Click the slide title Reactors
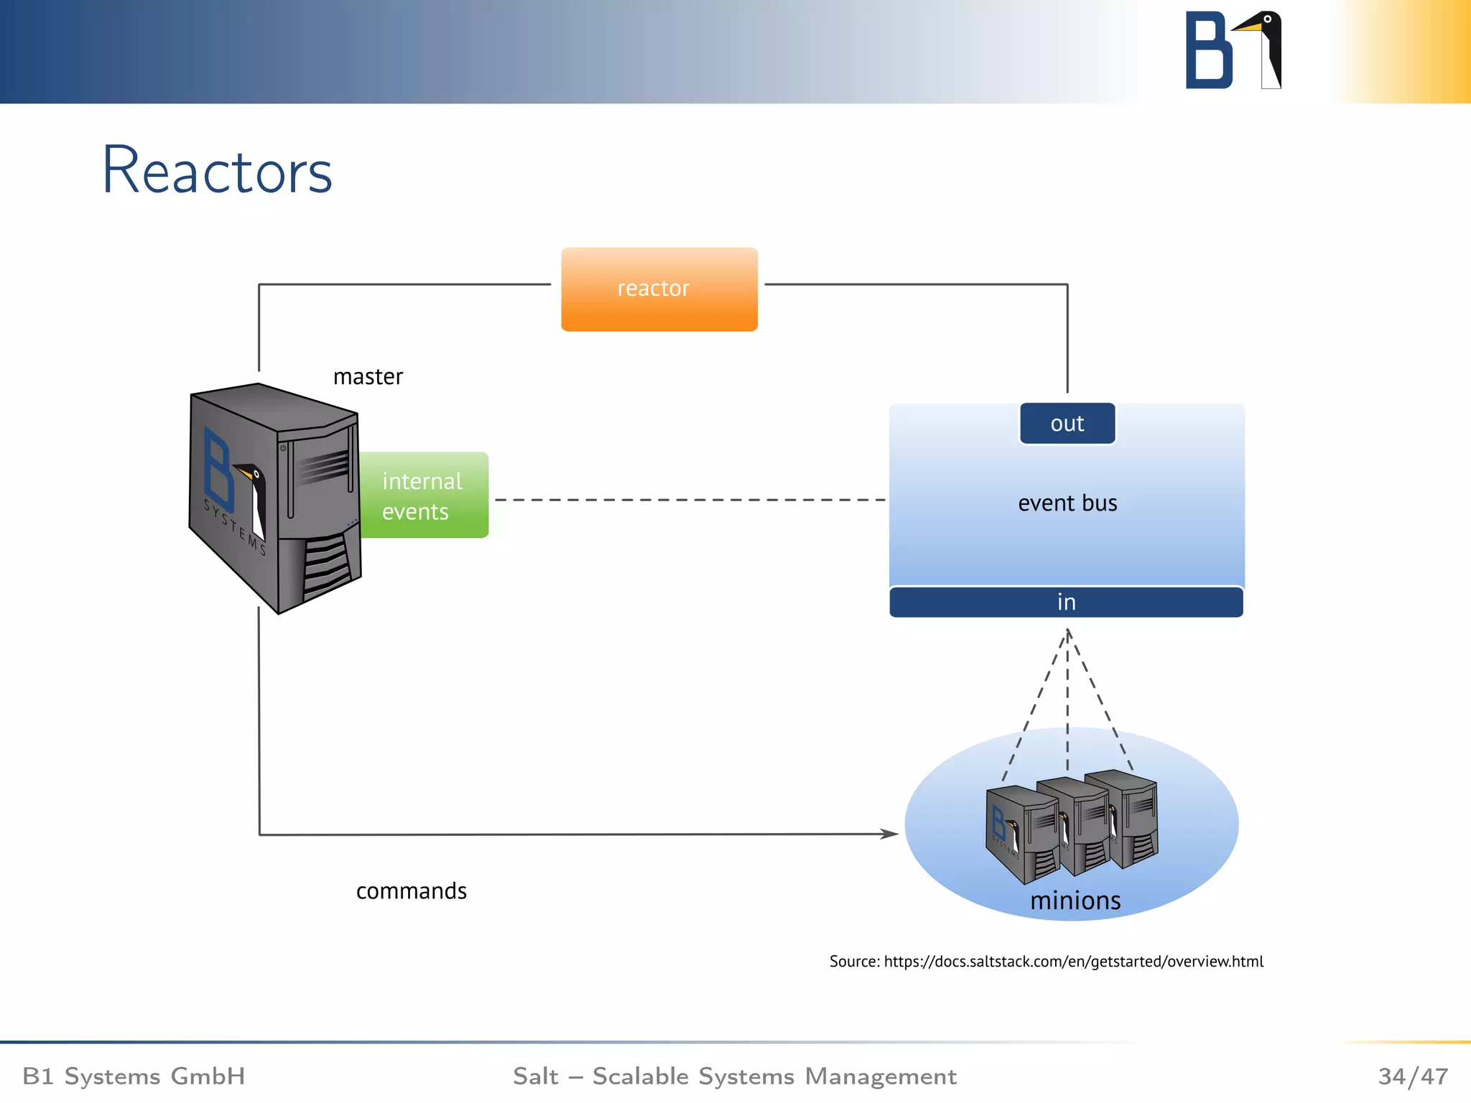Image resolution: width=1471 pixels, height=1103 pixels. (x=217, y=171)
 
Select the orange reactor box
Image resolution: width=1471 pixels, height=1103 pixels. (x=659, y=289)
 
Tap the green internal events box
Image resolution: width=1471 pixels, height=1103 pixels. (x=424, y=495)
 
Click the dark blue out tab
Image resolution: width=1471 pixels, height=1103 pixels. (x=1067, y=424)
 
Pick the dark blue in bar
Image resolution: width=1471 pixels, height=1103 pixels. (x=1066, y=602)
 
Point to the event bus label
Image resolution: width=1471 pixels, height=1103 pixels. (x=1067, y=503)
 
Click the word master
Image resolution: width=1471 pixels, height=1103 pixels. (x=368, y=377)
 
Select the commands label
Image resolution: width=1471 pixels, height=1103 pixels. (x=411, y=891)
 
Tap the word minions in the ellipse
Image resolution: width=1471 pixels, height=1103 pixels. (x=1075, y=900)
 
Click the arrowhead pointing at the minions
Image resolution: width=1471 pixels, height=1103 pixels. (x=891, y=834)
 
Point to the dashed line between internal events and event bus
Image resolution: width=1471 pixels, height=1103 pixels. (x=690, y=500)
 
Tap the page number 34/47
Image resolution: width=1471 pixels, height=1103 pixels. (x=1412, y=1076)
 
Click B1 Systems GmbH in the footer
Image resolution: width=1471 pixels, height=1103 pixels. (x=134, y=1076)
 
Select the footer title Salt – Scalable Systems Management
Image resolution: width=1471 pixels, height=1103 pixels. (x=734, y=1076)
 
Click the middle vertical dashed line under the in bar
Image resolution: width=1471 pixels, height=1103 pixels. (x=1067, y=704)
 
